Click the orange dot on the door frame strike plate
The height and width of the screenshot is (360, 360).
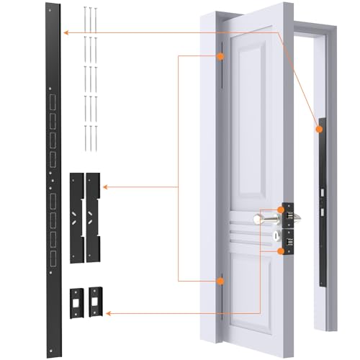point(317,128)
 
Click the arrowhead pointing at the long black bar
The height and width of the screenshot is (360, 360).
point(66,32)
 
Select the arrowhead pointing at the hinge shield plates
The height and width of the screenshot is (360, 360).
point(106,188)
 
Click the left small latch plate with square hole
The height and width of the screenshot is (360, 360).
point(75,300)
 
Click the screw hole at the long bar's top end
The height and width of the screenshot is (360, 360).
point(51,10)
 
